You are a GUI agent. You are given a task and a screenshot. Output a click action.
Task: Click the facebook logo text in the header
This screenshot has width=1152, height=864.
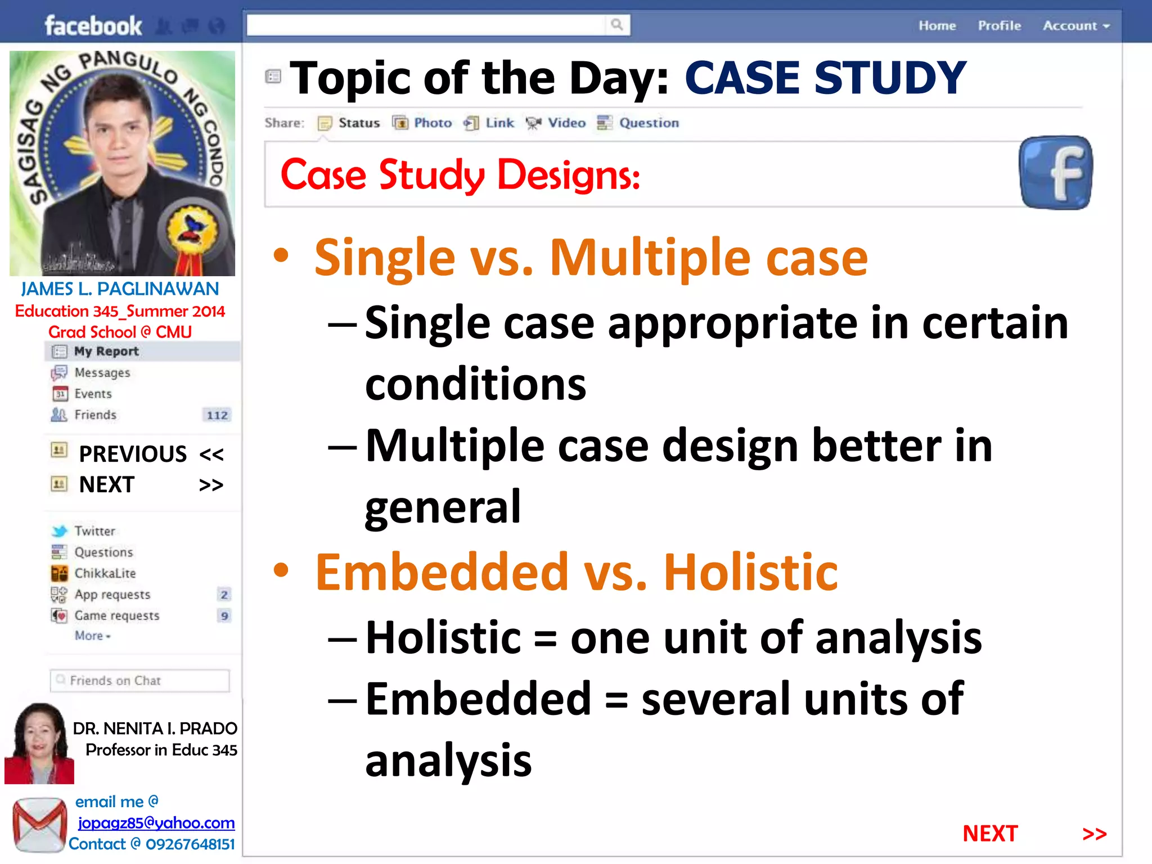(93, 26)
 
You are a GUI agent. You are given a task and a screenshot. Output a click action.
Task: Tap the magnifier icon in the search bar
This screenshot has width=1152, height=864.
(617, 25)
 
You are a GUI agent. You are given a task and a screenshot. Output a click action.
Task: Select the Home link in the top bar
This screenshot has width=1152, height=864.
(937, 26)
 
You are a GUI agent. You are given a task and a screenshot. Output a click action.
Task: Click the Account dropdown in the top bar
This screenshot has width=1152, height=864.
(1075, 26)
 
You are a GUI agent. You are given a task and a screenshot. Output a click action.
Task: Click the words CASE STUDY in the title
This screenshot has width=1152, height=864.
(825, 78)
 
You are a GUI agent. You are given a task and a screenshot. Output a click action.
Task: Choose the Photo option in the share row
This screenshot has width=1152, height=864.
(432, 123)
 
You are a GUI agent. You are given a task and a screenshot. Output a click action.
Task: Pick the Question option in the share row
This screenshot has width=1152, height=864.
(648, 123)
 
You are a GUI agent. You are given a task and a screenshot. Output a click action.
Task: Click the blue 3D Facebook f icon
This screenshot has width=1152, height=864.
(1055, 173)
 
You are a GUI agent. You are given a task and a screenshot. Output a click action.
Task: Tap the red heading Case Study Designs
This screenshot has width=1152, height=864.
(460, 175)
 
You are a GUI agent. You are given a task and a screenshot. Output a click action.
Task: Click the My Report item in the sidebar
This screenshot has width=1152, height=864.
(106, 352)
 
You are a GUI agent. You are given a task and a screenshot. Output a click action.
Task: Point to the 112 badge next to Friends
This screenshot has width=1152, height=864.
(217, 416)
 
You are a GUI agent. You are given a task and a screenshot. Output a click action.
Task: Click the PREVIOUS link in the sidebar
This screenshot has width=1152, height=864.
(133, 454)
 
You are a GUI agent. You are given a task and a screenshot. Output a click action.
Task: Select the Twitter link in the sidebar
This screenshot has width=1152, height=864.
(94, 531)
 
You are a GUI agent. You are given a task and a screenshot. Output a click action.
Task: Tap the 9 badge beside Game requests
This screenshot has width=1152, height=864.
(224, 616)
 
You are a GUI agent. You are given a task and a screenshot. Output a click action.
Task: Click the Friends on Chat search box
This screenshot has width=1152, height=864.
(140, 681)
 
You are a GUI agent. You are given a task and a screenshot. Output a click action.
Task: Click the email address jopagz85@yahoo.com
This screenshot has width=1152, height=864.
(156, 823)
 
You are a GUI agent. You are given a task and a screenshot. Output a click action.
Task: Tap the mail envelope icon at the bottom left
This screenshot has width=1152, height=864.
(39, 825)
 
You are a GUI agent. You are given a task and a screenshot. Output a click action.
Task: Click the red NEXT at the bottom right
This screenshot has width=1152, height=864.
(990, 834)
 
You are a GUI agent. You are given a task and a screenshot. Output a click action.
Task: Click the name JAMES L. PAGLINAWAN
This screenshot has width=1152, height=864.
(120, 289)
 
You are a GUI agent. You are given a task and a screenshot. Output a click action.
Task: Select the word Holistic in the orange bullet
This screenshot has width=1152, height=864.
(750, 573)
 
